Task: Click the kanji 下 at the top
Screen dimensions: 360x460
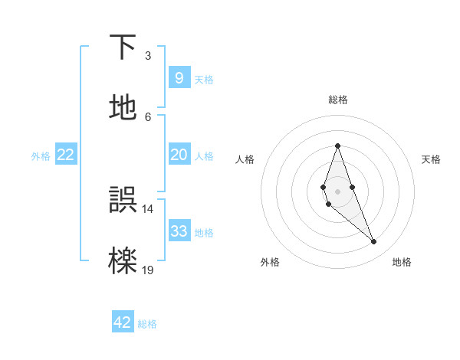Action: [123, 47]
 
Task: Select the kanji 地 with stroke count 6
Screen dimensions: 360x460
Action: [123, 108]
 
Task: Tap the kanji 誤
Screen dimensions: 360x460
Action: [123, 201]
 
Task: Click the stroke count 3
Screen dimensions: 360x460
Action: [148, 55]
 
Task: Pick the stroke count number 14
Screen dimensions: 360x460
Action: [147, 208]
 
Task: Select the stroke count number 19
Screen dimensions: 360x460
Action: [147, 270]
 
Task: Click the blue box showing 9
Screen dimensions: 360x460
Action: [179, 78]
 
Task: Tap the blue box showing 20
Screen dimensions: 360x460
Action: [179, 155]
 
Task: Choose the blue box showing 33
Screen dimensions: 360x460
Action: [179, 231]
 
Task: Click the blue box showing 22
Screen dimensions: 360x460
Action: [66, 155]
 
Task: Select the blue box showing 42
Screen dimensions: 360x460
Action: [123, 322]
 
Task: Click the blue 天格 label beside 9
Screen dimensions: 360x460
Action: [204, 80]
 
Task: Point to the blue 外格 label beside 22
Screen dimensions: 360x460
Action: [41, 156]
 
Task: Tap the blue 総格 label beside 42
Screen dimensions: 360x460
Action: [147, 324]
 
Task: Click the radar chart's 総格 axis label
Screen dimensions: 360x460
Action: [338, 100]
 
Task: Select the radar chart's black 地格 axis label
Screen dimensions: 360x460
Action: [402, 263]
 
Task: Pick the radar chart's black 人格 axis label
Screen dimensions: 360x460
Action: [245, 159]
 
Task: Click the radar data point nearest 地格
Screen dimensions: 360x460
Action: [374, 242]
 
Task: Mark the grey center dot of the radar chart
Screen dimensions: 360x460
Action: [338, 191]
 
